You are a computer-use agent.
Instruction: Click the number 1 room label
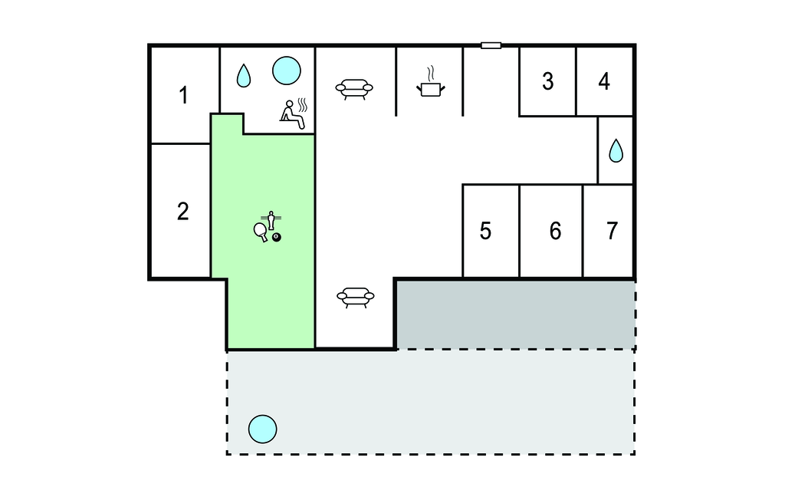point(184,95)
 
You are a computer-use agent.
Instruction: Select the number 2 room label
point(182,212)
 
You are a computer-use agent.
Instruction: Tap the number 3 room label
point(547,81)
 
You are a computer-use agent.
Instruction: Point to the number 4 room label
point(604,81)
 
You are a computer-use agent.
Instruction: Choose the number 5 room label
point(485,231)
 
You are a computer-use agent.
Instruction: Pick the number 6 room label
point(555,231)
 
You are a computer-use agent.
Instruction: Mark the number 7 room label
point(612,231)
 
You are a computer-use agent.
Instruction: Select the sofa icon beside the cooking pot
point(354,89)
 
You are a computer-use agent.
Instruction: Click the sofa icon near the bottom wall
point(356,297)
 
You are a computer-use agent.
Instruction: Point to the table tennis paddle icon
point(261,232)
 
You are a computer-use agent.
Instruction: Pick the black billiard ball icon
point(276,237)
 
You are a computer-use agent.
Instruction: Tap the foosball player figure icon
point(271,220)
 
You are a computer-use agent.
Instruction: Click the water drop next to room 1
point(243,76)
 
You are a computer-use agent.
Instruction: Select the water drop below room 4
point(616,150)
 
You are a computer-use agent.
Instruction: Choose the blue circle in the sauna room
point(287,70)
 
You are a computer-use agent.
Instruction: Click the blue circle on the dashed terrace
point(262,429)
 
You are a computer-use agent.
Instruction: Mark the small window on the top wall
point(491,45)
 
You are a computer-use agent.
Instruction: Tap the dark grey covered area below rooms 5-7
point(516,314)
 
